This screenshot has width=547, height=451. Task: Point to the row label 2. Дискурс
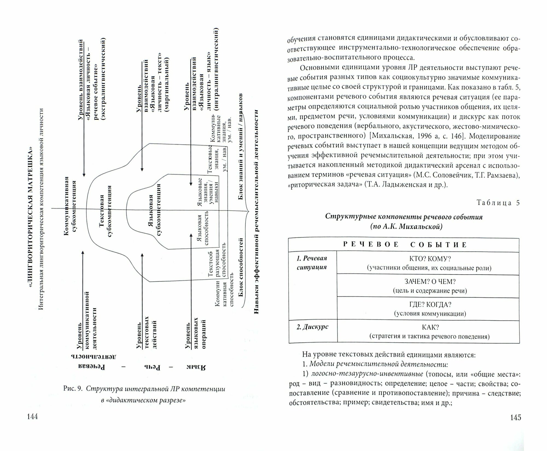312,327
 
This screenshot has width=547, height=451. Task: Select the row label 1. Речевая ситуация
312,263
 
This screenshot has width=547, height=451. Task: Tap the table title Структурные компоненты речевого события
404,217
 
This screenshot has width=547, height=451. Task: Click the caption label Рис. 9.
72,389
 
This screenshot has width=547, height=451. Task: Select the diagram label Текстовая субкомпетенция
105,216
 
